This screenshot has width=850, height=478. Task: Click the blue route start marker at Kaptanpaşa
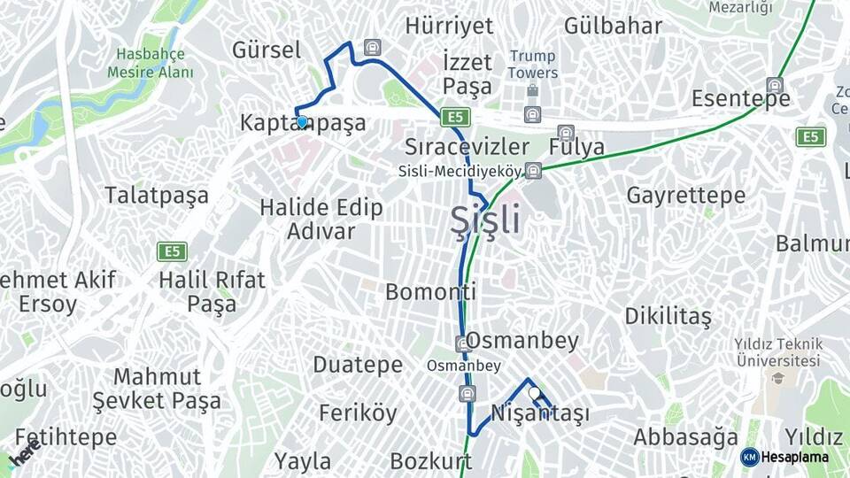tap(302, 122)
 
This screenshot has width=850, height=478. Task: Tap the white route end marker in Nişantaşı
tap(533, 392)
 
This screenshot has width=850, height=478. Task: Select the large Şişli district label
tap(485, 220)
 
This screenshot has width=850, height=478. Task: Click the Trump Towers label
tap(532, 65)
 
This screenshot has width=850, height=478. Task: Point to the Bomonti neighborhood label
tap(431, 291)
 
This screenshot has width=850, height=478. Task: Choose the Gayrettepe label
tap(686, 195)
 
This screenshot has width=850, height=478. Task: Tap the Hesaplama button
tap(784, 457)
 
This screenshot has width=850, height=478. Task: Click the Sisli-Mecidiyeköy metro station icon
tap(532, 170)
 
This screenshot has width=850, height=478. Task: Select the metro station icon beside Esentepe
tap(775, 85)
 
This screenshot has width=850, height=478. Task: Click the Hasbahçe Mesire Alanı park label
tap(151, 64)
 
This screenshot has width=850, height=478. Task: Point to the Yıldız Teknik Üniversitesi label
tap(777, 352)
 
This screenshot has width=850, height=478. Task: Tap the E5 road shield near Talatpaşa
tap(172, 251)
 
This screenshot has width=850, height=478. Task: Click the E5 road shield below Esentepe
tap(810, 136)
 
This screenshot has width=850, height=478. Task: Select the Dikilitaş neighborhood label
tap(668, 316)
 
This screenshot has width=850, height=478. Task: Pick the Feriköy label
tap(358, 412)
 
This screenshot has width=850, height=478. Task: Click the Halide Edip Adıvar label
tap(321, 220)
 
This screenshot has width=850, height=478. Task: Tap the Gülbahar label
tap(613, 26)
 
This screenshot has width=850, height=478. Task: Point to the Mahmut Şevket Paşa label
tap(157, 389)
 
